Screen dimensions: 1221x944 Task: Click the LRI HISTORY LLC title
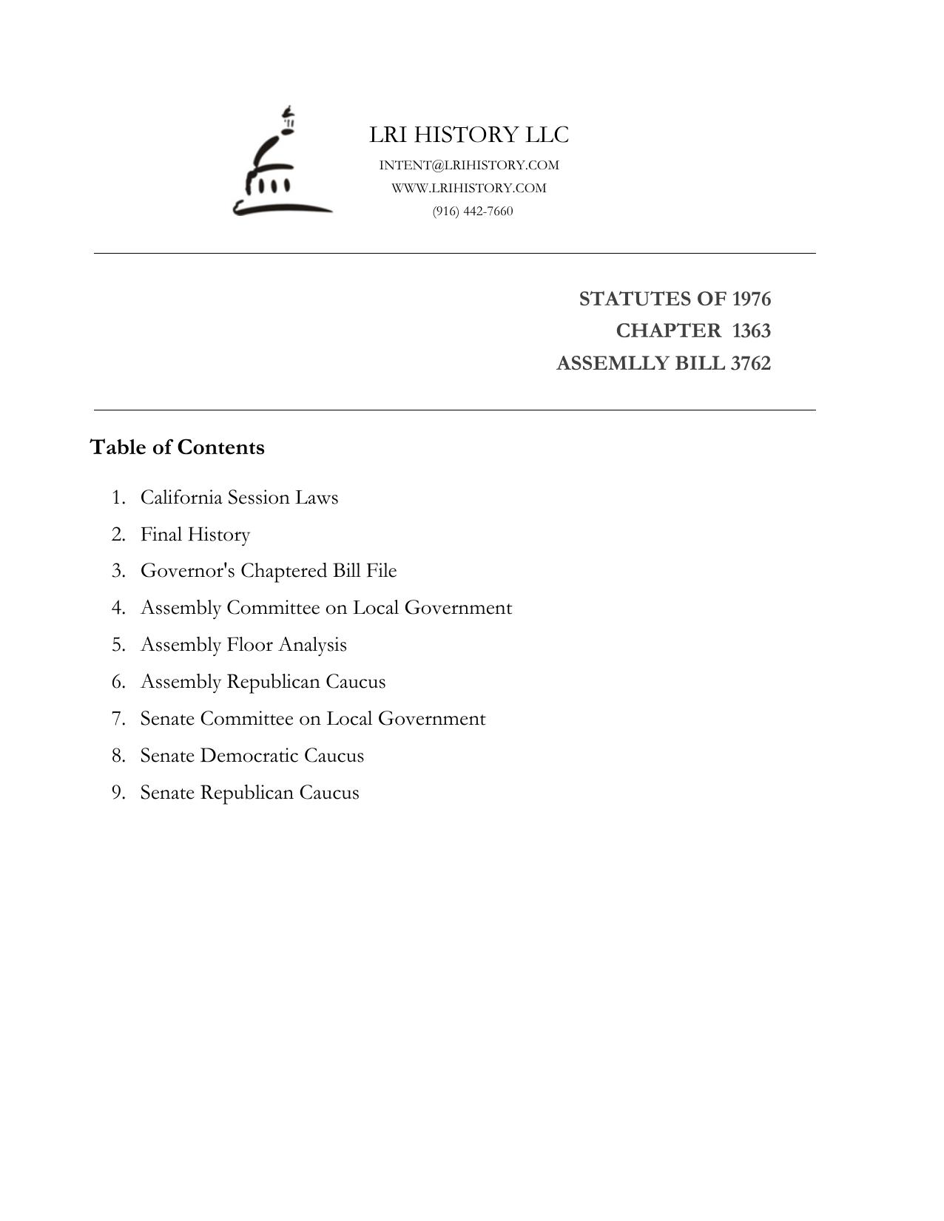tap(469, 135)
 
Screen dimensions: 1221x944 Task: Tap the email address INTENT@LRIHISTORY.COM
tap(469, 165)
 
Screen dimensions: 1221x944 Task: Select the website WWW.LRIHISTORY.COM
tap(469, 188)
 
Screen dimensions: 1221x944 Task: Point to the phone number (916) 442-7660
tap(473, 211)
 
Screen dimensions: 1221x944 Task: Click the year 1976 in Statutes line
tap(751, 299)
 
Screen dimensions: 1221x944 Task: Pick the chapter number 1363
tap(751, 331)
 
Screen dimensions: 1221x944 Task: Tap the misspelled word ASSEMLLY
tap(604, 363)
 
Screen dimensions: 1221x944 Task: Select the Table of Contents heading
tap(177, 447)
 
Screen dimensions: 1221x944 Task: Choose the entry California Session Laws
tap(239, 497)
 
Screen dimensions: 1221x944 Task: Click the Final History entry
tap(195, 534)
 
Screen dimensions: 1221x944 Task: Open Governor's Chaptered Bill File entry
tap(269, 571)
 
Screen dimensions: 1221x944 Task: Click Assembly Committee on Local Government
tap(326, 608)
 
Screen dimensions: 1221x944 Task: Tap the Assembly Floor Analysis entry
tap(243, 645)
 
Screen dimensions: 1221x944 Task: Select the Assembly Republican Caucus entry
tap(263, 682)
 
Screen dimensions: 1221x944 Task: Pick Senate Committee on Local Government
tap(313, 719)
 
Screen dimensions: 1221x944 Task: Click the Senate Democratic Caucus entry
tap(252, 756)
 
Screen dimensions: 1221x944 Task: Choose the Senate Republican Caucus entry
tap(249, 793)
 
